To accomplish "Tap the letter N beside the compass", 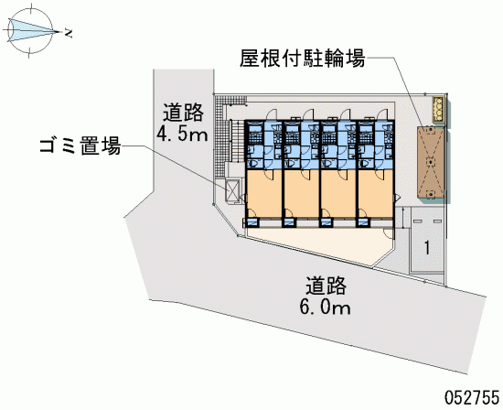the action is click(69, 33).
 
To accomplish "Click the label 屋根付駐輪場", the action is click(303, 59).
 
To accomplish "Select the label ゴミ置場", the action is click(80, 146).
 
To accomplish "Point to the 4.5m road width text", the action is click(182, 135).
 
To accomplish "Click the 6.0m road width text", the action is click(326, 307).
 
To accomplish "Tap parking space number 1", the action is click(427, 247).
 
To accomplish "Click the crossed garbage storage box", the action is click(232, 190).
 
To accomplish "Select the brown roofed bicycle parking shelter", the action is click(431, 162).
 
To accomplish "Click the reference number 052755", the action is click(472, 397).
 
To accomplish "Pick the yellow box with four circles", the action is click(438, 109).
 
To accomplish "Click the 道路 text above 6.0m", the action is click(326, 286).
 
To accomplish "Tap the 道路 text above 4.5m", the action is click(183, 113).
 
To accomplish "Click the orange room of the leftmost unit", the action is click(264, 193).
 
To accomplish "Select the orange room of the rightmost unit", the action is click(376, 193).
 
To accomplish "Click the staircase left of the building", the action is click(237, 141).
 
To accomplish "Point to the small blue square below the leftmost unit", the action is click(252, 221).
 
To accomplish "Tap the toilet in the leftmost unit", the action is click(253, 164).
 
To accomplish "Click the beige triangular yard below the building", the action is click(321, 245).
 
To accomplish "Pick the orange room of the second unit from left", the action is click(301, 193).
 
